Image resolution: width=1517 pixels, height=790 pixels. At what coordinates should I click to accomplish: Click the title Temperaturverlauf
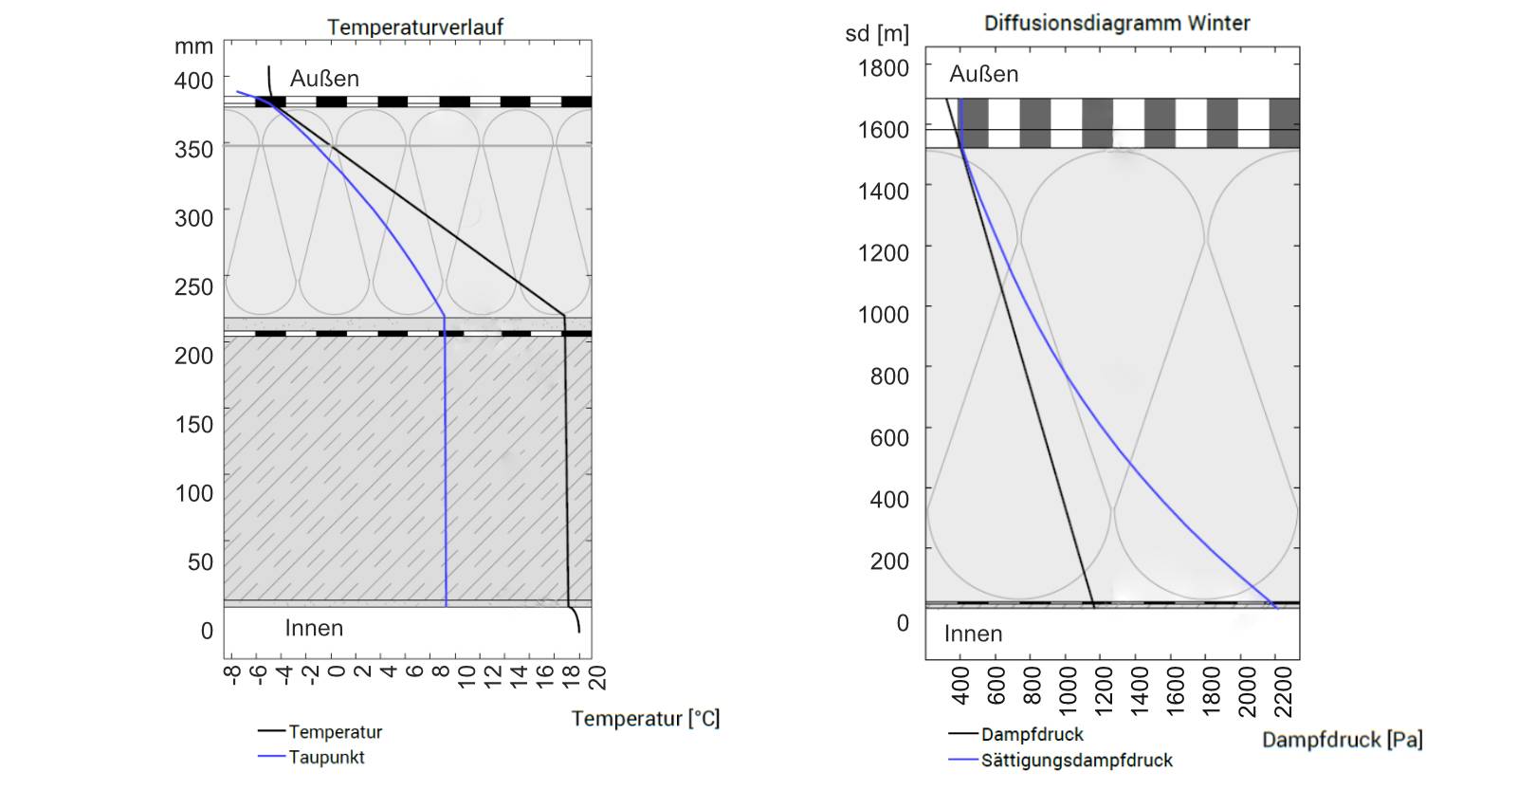414,28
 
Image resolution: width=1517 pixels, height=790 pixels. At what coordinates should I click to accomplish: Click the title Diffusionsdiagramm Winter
1116,23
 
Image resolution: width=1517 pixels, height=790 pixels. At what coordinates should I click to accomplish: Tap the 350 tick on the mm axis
193,150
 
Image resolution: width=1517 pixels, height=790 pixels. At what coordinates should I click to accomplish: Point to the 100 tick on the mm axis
193,493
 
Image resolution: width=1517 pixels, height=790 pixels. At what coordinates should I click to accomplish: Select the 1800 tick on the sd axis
883,68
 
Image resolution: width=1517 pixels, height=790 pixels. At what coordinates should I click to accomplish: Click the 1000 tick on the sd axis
883,315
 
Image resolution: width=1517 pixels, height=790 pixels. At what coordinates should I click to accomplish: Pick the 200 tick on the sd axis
888,561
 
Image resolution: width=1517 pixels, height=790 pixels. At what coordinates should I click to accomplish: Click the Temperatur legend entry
335,732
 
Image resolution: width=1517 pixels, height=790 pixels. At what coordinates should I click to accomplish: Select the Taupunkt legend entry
326,758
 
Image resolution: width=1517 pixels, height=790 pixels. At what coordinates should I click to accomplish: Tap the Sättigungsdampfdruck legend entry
1076,761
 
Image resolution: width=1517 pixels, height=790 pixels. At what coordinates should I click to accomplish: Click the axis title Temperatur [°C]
645,719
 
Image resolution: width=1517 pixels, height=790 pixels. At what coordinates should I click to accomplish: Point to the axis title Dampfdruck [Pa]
1342,740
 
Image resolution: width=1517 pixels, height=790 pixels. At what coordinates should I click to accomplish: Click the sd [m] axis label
876,34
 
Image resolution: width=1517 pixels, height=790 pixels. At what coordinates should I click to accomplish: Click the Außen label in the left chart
324,79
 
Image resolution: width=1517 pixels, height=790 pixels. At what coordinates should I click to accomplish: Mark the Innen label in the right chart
973,634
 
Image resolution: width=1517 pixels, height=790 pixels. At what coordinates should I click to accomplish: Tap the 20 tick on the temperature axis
596,677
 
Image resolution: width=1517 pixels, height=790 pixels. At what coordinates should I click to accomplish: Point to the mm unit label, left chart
193,46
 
